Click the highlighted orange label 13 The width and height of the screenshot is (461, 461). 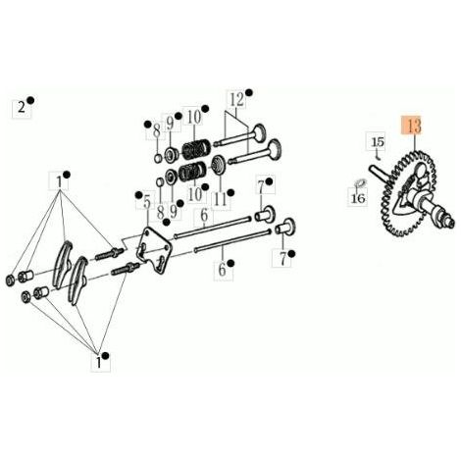point(413,126)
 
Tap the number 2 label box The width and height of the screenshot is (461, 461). point(22,108)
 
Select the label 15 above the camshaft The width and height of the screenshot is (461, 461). point(378,142)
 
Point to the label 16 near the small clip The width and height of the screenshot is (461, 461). point(358,197)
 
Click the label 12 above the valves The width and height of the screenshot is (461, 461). point(237,99)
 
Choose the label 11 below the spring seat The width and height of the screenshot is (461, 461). point(221,199)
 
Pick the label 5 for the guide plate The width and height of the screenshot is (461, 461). point(147,202)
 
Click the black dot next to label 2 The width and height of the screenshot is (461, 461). point(30,100)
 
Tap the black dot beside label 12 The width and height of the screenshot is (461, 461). point(249,92)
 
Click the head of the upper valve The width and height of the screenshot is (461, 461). point(260,133)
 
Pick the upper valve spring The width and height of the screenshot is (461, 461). point(196,149)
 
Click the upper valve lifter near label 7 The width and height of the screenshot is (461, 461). point(265,214)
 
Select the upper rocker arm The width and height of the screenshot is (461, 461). point(64,265)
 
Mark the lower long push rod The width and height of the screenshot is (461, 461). point(232,240)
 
